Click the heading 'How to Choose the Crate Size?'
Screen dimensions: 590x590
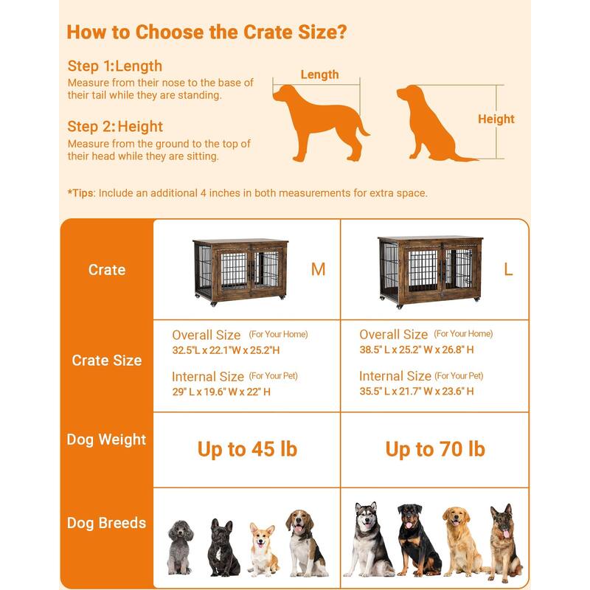(x=206, y=32)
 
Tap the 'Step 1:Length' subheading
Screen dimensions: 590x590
(x=115, y=66)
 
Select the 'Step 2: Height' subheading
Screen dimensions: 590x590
(x=115, y=126)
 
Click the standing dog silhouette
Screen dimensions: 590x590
(x=321, y=122)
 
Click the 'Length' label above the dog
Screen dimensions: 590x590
(x=319, y=74)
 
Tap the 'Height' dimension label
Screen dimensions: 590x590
(x=496, y=119)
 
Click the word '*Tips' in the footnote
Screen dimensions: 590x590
(x=80, y=193)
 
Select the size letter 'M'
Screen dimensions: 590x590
(x=318, y=269)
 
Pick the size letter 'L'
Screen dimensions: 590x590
(x=508, y=269)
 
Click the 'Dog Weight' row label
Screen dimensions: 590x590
(x=106, y=440)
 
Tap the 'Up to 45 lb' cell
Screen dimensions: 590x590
(x=247, y=449)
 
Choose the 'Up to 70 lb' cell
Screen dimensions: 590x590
(x=435, y=449)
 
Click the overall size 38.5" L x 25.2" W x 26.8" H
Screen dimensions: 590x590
(x=417, y=350)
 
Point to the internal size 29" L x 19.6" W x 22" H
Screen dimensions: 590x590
(x=221, y=392)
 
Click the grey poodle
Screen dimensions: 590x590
(x=180, y=547)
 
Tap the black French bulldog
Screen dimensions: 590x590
(x=223, y=547)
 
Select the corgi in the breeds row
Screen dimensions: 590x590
(x=263, y=549)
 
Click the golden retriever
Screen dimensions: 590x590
(x=462, y=542)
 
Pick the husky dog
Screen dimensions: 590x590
(x=369, y=540)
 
